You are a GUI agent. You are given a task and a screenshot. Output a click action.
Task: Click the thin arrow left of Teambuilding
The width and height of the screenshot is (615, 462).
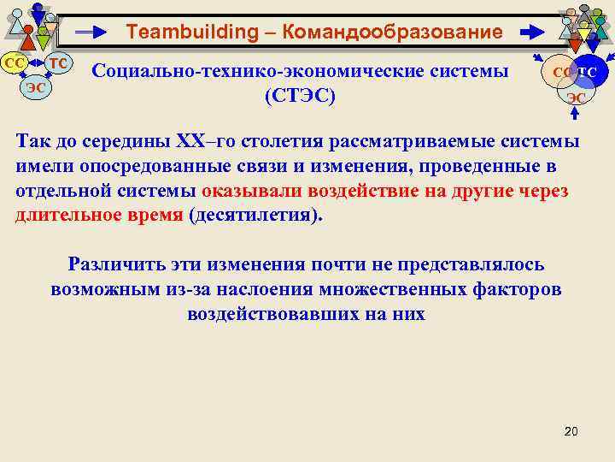pos(92,33)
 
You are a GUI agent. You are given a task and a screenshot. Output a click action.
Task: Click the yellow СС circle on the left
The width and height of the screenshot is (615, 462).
pos(15,63)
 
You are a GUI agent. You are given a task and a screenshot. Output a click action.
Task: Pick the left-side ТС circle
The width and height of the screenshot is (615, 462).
pos(58,63)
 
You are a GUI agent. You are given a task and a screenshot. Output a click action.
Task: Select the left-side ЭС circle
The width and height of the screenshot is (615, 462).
pos(36,86)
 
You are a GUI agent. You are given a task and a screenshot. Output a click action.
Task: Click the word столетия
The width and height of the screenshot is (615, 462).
pos(302,142)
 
